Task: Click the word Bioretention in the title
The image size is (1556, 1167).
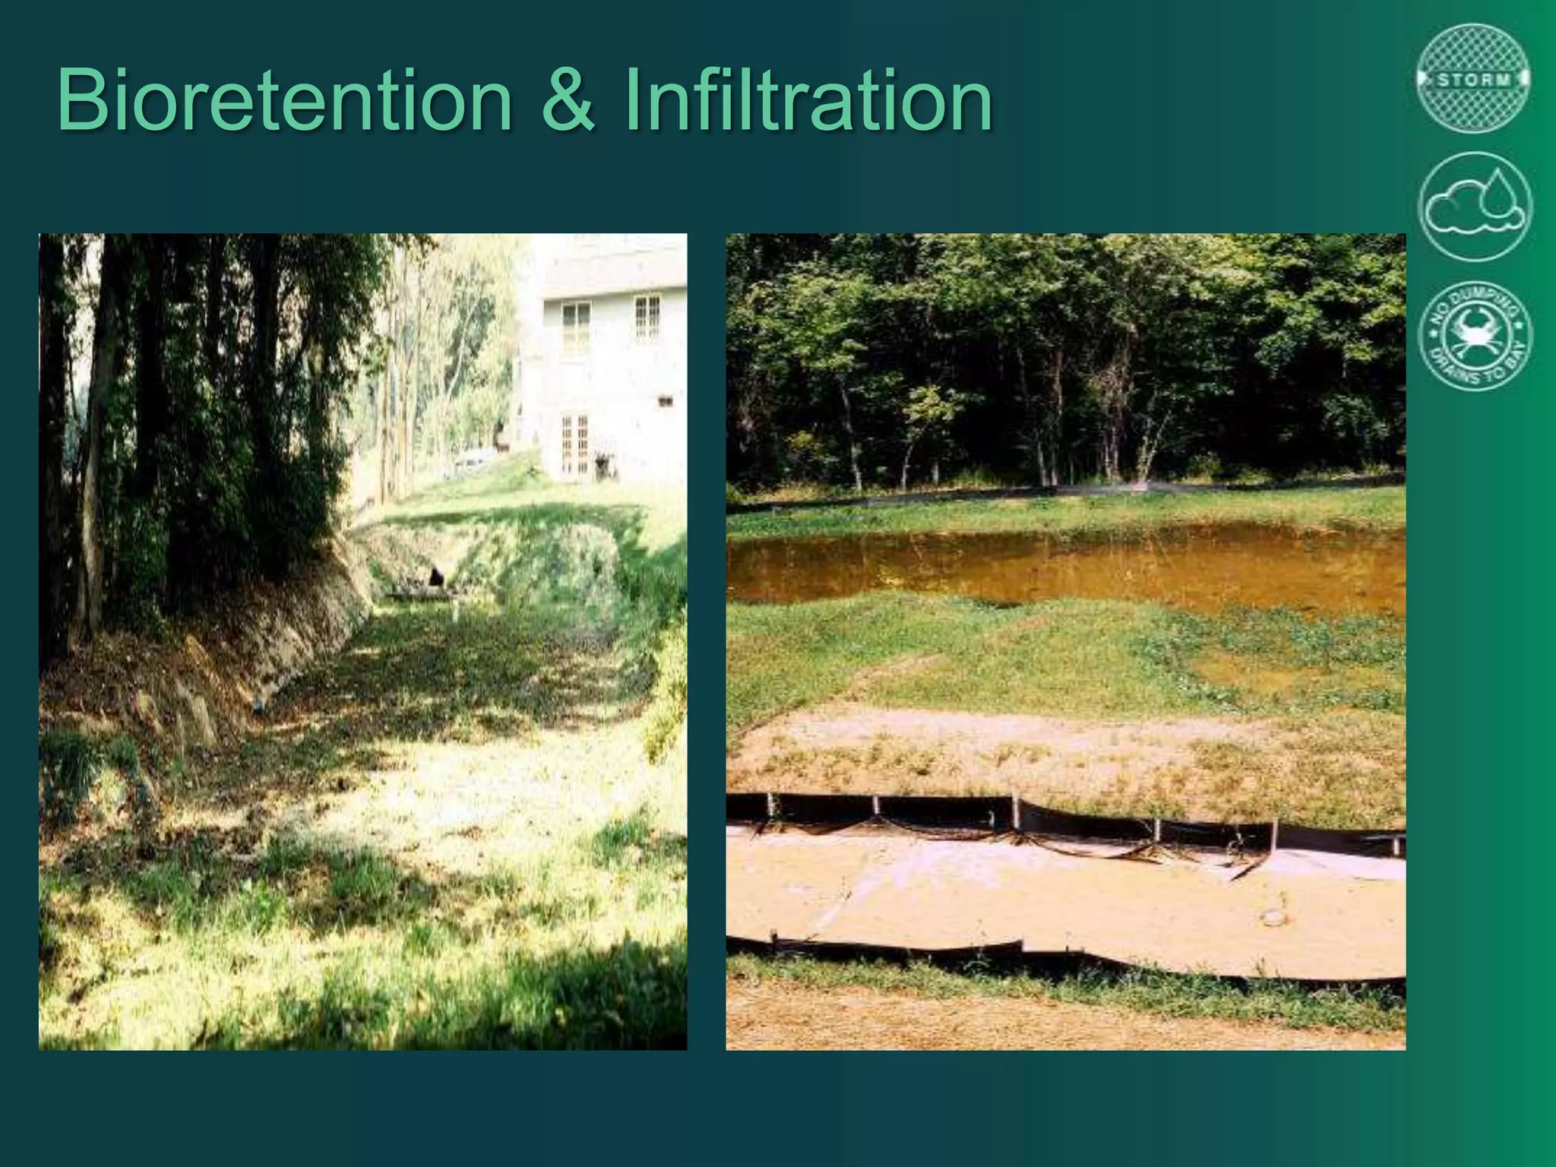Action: click(x=284, y=100)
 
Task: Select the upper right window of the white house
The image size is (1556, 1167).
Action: click(x=647, y=315)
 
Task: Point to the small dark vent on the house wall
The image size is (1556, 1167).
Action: click(x=667, y=399)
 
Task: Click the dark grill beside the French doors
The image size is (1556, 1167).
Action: click(x=604, y=465)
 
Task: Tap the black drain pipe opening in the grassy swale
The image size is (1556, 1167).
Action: click(x=436, y=577)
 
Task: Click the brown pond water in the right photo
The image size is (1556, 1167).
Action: click(x=1064, y=566)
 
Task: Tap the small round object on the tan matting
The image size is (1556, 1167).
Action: click(x=1270, y=918)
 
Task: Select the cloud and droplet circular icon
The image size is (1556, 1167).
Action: click(x=1474, y=207)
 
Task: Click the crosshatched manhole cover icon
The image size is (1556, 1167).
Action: click(x=1473, y=79)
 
